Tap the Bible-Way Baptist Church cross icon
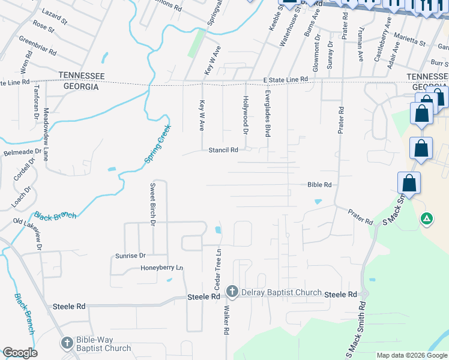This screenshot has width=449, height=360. coord(67,343)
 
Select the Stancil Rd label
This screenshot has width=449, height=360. coord(223,150)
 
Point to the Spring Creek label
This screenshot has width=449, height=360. coord(158,143)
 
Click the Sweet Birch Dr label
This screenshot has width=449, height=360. coord(153,203)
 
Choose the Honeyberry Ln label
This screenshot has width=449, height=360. coord(161,268)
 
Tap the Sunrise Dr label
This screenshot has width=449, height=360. coord(130,256)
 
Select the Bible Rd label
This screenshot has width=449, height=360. coord(319,185)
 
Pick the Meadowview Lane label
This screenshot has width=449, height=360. coord(46,134)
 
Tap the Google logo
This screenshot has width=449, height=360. coord(20,353)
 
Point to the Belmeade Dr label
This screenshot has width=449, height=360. coord(17,153)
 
